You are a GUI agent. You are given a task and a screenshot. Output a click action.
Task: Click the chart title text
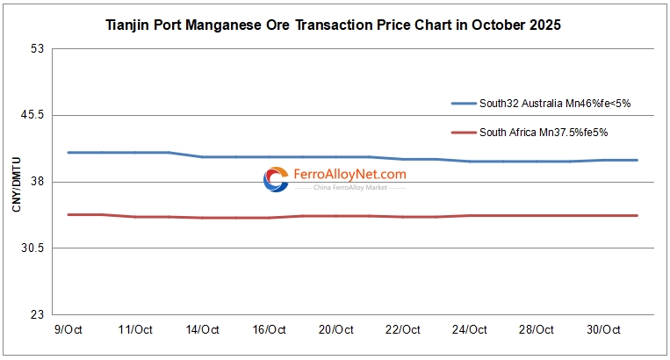click(333, 25)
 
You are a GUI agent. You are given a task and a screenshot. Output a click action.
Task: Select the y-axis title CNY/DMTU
click(17, 181)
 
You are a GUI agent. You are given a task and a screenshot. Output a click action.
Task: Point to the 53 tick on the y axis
click(37, 48)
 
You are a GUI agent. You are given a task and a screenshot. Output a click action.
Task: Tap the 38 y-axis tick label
click(37, 182)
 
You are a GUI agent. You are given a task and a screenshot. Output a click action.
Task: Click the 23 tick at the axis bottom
click(37, 315)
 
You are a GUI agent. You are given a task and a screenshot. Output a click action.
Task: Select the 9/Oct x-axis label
click(68, 330)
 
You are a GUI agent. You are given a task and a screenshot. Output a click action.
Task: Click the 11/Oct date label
click(135, 330)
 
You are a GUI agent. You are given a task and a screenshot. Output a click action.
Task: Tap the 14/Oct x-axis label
click(202, 330)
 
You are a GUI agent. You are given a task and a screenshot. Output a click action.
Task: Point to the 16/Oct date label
click(269, 330)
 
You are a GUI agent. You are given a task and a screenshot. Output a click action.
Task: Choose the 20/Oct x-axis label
click(335, 330)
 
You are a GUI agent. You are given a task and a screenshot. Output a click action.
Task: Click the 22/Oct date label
click(402, 330)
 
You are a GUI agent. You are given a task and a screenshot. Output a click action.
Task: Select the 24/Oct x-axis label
click(469, 330)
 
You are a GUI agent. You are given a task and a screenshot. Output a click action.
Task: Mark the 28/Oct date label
click(536, 330)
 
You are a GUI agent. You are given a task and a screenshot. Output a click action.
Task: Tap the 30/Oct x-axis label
click(602, 330)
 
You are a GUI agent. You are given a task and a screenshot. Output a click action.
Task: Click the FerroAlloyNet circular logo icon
click(276, 180)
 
